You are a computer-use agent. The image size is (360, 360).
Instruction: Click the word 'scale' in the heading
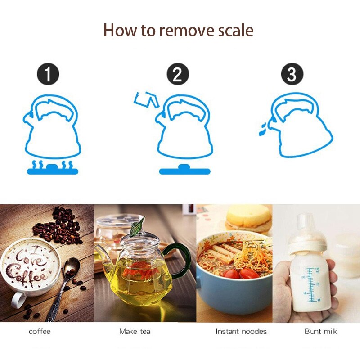(235, 31)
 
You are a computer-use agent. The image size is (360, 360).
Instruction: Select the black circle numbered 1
(48, 74)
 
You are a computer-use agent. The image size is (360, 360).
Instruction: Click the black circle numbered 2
(178, 74)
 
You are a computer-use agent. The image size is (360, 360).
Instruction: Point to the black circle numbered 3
(292, 74)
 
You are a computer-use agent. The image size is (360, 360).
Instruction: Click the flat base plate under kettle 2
(184, 170)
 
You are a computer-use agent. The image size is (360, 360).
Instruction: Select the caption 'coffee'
(40, 332)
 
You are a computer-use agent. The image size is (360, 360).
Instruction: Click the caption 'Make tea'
(135, 331)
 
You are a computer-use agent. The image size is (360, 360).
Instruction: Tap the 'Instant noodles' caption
(241, 331)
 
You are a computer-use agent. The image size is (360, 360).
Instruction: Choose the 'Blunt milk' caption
(321, 331)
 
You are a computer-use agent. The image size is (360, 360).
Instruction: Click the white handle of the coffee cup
(18, 299)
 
